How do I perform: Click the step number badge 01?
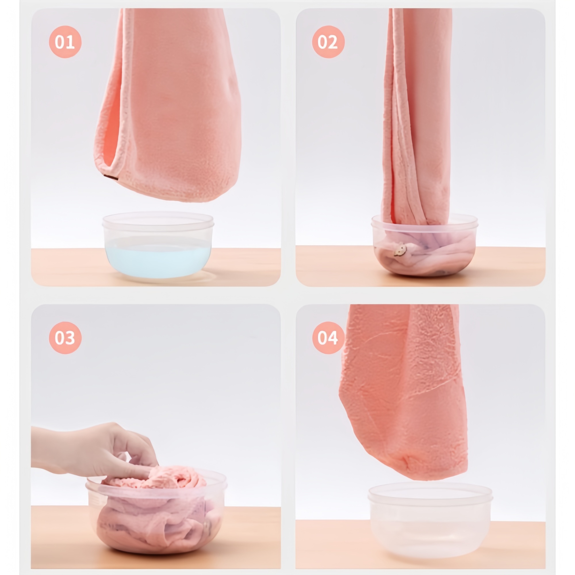(x=65, y=42)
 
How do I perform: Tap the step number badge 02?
(x=328, y=42)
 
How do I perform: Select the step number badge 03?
(x=65, y=338)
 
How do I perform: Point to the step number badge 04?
(x=328, y=338)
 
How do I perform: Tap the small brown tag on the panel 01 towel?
(x=111, y=177)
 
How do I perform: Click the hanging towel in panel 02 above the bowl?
(x=417, y=119)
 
